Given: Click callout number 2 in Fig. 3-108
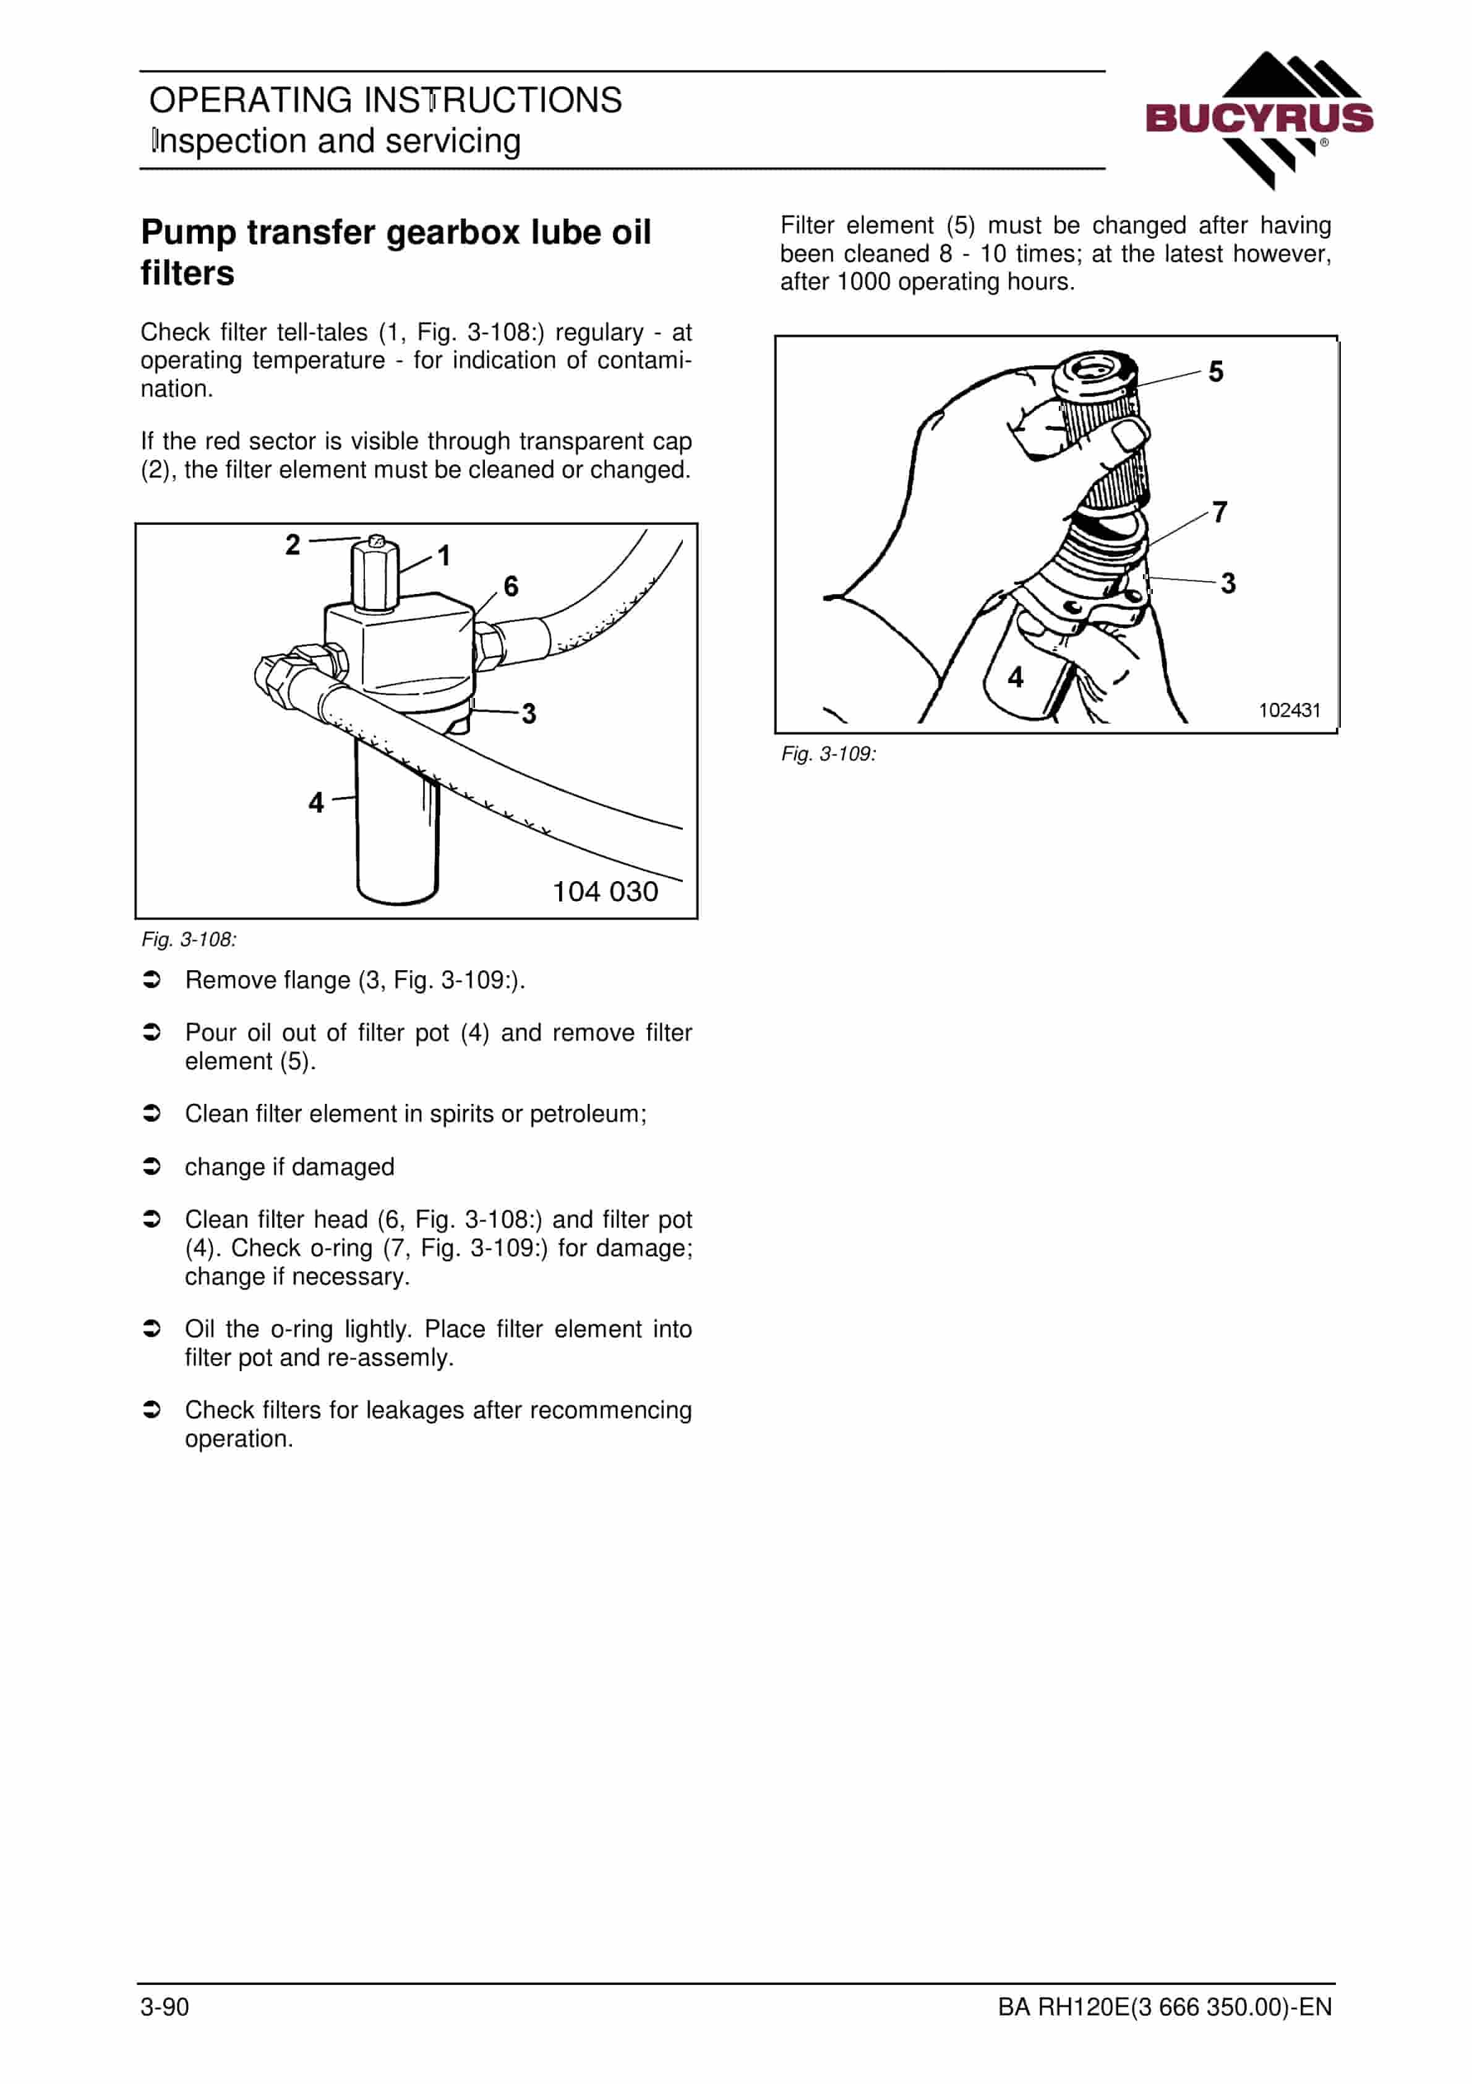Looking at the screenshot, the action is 292,545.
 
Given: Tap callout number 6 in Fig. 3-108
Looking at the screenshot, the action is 511,587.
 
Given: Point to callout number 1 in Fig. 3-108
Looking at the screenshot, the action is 444,556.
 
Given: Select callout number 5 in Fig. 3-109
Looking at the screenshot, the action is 1216,371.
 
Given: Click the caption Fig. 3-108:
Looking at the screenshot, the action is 189,939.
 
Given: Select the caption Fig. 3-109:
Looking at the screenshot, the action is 829,754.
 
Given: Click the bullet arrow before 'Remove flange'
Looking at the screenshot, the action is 153,980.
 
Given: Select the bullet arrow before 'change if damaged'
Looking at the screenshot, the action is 153,1166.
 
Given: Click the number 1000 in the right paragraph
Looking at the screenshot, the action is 863,282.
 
